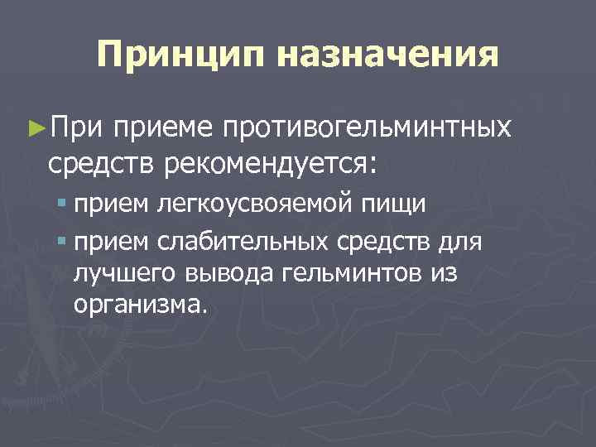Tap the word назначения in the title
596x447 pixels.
pyautogui.click(x=388, y=55)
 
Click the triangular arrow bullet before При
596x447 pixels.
pyautogui.click(x=37, y=128)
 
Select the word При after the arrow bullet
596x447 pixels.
pyautogui.click(x=77, y=128)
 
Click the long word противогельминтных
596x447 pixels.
pyautogui.click(x=364, y=128)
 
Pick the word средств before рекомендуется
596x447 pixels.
pyautogui.click(x=103, y=164)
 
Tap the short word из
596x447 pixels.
pyautogui.click(x=443, y=274)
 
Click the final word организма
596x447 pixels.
pyautogui.click(x=137, y=305)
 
